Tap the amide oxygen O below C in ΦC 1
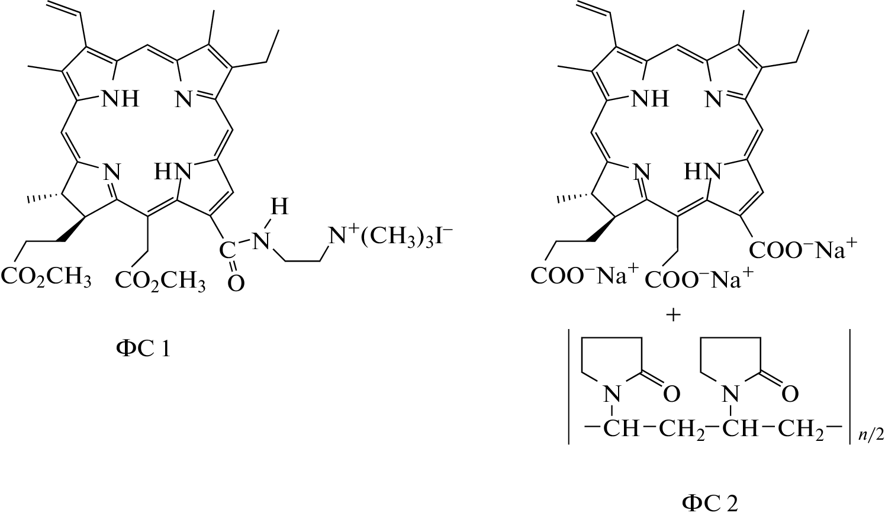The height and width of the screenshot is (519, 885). click(x=236, y=283)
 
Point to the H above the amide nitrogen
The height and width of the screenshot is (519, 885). click(x=279, y=207)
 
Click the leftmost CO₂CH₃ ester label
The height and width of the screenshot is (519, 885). click(x=47, y=278)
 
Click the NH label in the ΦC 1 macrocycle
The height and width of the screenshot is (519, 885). click(x=121, y=98)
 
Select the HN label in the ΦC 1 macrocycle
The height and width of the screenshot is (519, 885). click(x=173, y=172)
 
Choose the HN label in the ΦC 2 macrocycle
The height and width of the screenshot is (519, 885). click(x=703, y=172)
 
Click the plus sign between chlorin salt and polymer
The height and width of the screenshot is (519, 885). click(x=674, y=315)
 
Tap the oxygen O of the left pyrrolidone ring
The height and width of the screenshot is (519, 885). click(x=671, y=394)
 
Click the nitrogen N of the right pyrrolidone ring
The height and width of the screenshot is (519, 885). click(x=730, y=394)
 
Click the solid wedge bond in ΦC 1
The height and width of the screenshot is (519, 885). click(x=72, y=228)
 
